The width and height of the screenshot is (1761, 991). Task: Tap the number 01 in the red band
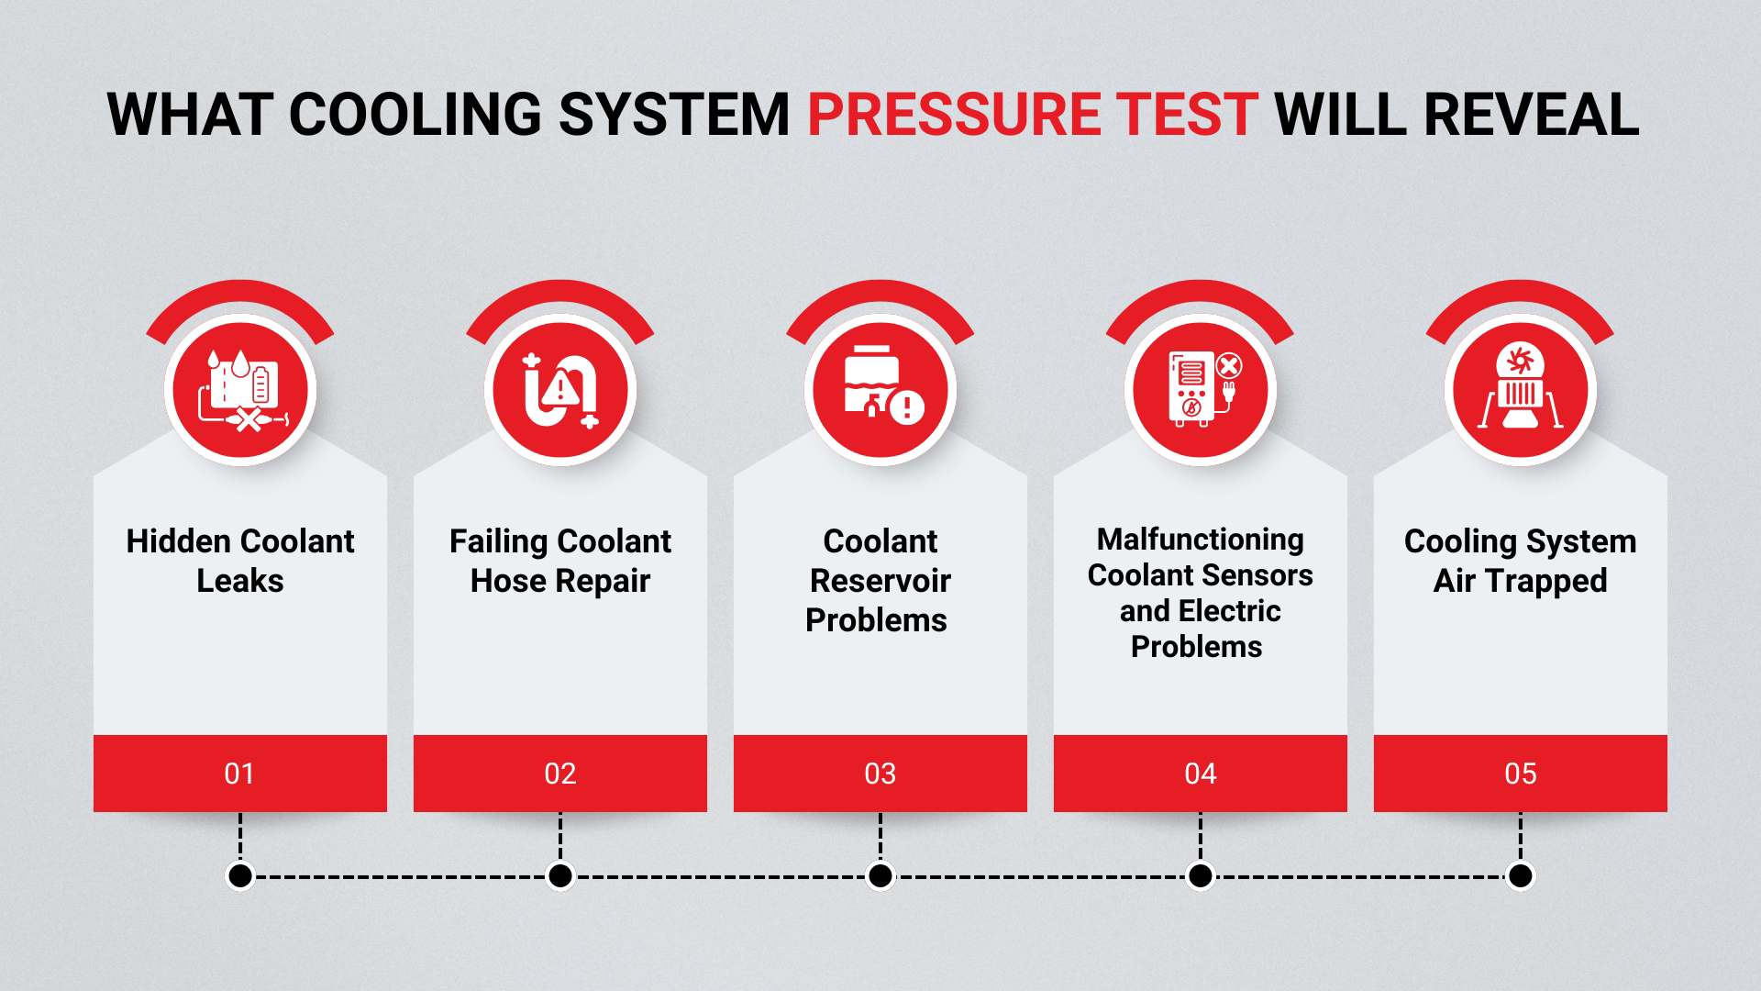click(x=239, y=774)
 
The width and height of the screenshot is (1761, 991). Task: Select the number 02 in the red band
click(x=559, y=774)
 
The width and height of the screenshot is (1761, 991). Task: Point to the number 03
click(x=880, y=774)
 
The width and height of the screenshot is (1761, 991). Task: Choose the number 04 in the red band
click(x=1200, y=774)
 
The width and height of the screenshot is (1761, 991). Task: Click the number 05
click(x=1520, y=774)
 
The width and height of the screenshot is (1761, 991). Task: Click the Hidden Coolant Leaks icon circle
click(x=240, y=391)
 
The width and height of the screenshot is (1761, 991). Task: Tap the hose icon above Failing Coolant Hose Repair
click(x=560, y=391)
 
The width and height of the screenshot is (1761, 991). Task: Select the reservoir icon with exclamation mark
click(x=880, y=391)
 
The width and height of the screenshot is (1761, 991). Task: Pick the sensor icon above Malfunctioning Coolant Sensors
click(x=1201, y=391)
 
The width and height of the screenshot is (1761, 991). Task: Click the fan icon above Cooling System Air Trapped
click(x=1521, y=391)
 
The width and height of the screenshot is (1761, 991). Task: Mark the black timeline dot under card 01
click(x=240, y=876)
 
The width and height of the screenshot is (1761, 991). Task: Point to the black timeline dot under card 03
click(x=880, y=876)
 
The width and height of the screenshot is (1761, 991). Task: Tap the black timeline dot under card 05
click(x=1520, y=876)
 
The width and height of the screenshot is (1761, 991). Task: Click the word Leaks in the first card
click(x=240, y=581)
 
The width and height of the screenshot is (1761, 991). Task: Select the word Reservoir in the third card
click(x=880, y=581)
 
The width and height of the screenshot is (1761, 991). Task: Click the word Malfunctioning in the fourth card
click(x=1200, y=540)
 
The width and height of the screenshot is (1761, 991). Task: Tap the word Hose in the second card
click(x=503, y=581)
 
